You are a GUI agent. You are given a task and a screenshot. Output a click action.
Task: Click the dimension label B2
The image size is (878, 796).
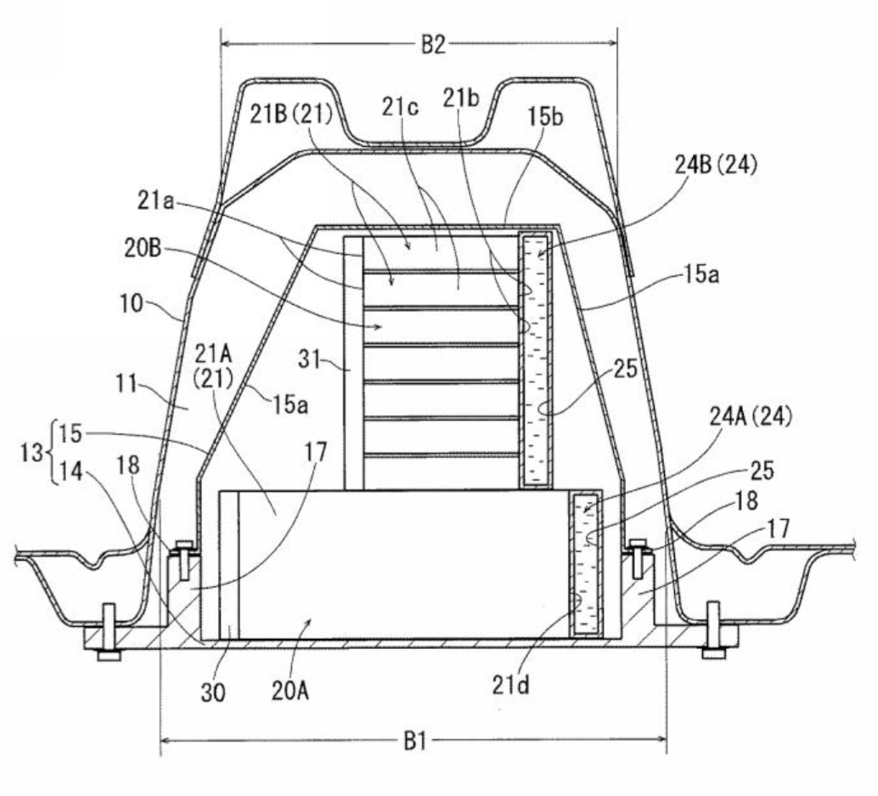(433, 44)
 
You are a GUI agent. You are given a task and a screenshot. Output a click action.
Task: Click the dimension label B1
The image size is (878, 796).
(415, 742)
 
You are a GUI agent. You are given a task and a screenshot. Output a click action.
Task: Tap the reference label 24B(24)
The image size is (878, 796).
(716, 165)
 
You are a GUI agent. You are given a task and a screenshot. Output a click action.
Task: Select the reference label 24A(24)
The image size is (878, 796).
(751, 417)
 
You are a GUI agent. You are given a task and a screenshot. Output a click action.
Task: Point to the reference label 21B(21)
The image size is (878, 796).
(290, 115)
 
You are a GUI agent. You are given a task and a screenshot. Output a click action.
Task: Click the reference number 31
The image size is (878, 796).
(308, 359)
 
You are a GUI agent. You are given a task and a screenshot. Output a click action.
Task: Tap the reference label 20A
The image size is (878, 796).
(290, 692)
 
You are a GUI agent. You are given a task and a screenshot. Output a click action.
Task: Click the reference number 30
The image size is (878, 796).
(213, 693)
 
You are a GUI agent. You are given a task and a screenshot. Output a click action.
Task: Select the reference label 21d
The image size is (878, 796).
(510, 685)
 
